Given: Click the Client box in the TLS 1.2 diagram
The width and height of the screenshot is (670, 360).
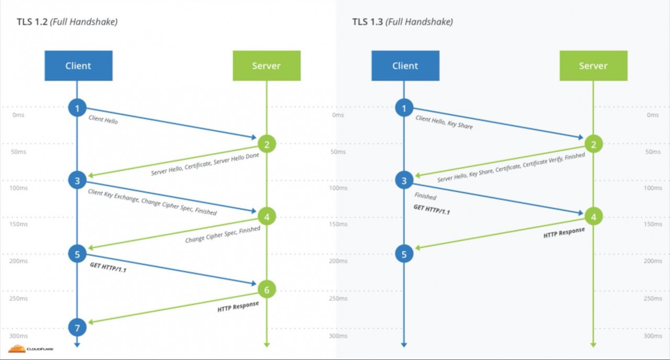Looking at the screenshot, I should coord(78,65).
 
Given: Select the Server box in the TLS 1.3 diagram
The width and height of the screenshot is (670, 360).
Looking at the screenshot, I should coord(593,65).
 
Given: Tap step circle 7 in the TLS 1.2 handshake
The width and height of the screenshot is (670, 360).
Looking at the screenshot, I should coord(77,328).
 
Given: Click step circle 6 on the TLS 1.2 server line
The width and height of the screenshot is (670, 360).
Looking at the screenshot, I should coord(266,289).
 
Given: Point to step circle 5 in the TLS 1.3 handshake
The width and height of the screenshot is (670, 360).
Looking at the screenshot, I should coord(404,254).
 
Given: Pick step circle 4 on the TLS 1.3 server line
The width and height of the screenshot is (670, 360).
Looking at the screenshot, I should coord(593,216).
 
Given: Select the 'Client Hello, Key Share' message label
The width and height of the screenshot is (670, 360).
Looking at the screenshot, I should coord(444,122).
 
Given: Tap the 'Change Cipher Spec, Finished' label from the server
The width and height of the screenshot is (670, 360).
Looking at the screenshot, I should coord(222,235).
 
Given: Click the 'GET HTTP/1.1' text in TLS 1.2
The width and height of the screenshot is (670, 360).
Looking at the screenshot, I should coord(108,268).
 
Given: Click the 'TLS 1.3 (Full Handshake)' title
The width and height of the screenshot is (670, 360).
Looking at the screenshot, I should coord(402,22).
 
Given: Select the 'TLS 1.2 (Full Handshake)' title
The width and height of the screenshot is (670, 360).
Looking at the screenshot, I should coord(66,22).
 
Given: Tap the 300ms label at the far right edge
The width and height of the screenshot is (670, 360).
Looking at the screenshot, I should coord(652,336).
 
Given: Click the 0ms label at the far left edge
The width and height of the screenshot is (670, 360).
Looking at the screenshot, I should coord(18,115).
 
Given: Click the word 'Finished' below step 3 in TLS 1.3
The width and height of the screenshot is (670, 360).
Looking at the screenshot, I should coord(425,196).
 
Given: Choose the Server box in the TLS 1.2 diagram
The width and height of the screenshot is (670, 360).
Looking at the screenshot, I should coord(266,65).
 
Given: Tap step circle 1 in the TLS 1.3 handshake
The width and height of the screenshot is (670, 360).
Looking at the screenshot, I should coord(404,108).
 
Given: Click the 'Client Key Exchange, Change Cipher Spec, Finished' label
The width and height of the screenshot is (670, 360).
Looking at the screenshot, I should coord(152,202).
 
